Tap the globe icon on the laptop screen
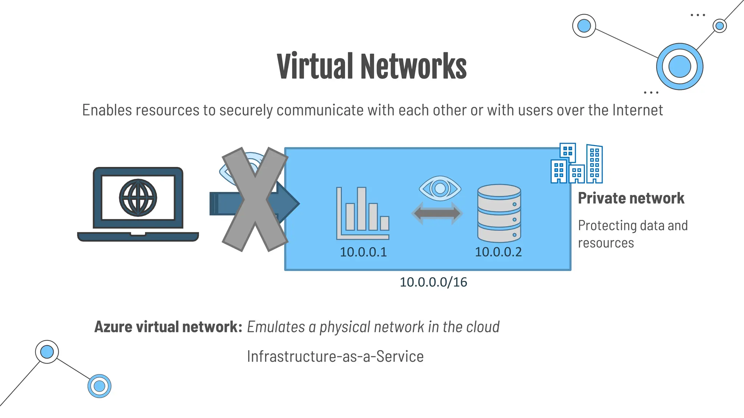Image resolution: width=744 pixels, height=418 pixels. pyautogui.click(x=138, y=198)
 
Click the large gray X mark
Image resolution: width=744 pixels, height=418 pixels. pyautogui.click(x=255, y=199)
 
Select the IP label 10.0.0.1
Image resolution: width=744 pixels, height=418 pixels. pyautogui.click(x=363, y=252)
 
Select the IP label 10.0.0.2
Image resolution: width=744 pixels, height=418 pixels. pyautogui.click(x=498, y=252)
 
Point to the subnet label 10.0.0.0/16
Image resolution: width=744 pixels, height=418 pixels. pyautogui.click(x=433, y=282)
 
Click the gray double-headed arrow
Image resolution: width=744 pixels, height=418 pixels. pyautogui.click(x=437, y=213)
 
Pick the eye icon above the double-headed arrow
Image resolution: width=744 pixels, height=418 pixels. pyautogui.click(x=440, y=188)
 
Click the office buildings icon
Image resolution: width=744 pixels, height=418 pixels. pyautogui.click(x=577, y=164)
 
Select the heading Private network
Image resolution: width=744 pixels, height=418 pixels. pyautogui.click(x=631, y=198)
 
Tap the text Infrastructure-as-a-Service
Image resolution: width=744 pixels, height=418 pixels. pyautogui.click(x=335, y=356)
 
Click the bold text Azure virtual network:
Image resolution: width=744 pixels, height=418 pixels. pyautogui.click(x=168, y=327)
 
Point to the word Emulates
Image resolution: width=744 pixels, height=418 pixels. pyautogui.click(x=276, y=327)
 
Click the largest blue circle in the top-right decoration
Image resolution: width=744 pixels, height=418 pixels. pyautogui.click(x=679, y=67)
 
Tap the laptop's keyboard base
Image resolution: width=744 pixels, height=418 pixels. pyautogui.click(x=138, y=237)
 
